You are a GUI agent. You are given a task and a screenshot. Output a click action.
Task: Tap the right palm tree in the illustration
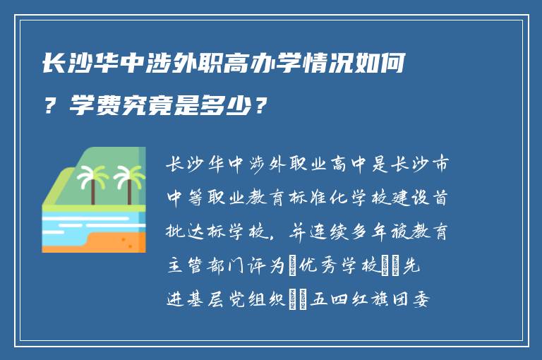[128, 181]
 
